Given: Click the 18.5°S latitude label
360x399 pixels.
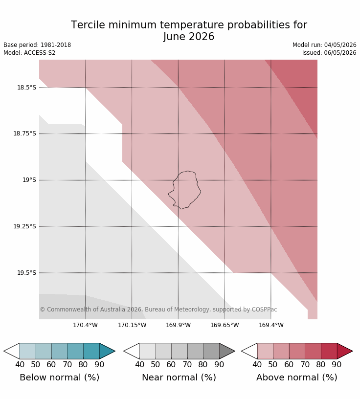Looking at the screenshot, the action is pos(26,88).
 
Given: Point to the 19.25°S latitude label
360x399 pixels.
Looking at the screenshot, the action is pos(24,226).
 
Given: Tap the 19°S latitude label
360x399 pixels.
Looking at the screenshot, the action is pos(29,180).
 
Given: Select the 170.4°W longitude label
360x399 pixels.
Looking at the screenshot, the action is pos(85,325).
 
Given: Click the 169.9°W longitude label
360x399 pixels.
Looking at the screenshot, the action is pos(178,325).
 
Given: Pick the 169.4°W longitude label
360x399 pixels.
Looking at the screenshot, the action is pos(271,325).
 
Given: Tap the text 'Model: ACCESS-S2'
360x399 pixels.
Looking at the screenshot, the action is pos(29,53).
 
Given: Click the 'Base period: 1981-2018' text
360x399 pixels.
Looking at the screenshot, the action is pos(37,45).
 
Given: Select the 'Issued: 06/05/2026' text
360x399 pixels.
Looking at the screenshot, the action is pos(329,53).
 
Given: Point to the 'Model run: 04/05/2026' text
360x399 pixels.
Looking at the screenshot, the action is pos(324,45).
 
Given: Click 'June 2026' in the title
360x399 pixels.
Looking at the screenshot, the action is pos(189,37).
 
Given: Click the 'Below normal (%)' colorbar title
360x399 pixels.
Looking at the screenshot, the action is pos(59,377).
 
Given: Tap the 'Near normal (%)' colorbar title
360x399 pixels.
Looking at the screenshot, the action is pos(179,377).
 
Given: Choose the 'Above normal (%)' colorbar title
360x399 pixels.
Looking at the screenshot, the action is pos(297,377).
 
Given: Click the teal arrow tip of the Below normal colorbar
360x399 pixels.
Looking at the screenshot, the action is pos(115,351).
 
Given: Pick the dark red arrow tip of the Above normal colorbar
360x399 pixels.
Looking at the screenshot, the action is pos(352,351).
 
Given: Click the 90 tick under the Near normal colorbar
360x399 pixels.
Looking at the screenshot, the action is pos(219,365).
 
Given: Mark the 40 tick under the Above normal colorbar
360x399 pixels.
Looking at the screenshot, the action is pos(257,365).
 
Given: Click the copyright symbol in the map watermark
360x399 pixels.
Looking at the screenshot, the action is pos(43,310).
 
